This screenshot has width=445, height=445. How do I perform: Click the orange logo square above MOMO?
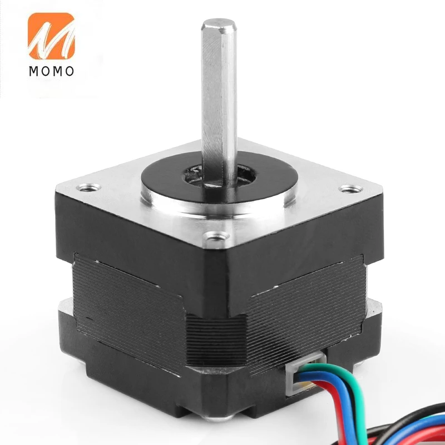51,36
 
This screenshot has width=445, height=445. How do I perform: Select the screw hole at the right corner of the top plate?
352,188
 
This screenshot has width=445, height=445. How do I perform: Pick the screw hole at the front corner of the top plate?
217,235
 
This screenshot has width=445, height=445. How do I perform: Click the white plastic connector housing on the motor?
305,373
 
